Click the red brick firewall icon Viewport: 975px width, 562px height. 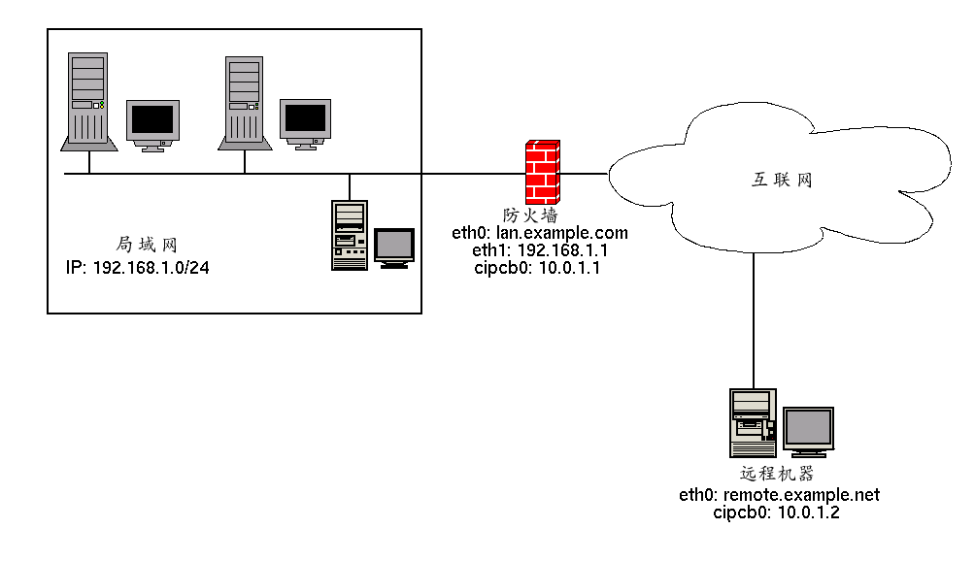(542, 172)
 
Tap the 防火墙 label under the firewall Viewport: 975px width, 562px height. (530, 215)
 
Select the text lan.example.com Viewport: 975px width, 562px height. (562, 233)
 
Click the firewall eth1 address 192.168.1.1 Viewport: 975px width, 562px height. (562, 250)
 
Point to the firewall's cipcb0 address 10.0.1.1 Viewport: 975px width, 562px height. (569, 268)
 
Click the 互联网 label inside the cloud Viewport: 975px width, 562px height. (782, 180)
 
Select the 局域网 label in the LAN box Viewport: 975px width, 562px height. (147, 245)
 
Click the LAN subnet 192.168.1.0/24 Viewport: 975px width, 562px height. (151, 268)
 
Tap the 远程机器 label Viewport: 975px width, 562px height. (777, 474)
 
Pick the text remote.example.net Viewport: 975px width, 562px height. (801, 495)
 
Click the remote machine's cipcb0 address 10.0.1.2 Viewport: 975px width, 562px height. (808, 512)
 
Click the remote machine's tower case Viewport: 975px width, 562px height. (753, 423)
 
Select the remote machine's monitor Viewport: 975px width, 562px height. (808, 432)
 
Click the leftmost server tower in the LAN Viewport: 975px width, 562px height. (88, 102)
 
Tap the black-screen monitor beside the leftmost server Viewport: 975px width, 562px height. (153, 125)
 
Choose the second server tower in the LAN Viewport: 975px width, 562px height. (245, 104)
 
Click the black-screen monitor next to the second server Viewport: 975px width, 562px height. (305, 124)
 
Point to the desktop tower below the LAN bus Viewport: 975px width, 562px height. (350, 235)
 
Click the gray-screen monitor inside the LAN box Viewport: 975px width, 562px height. (394, 248)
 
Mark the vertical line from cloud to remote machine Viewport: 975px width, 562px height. (754, 320)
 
